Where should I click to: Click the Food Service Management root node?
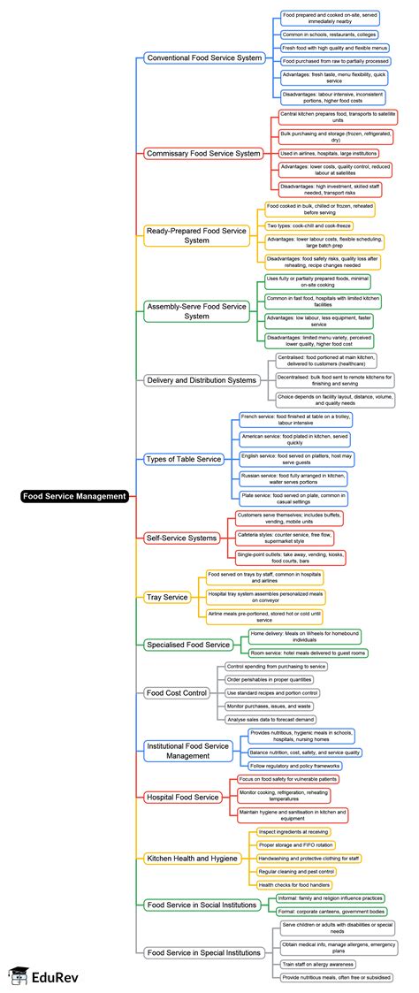click(75, 496)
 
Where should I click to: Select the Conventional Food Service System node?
click(205, 57)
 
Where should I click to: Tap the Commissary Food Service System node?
click(203, 153)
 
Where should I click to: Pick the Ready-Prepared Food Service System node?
click(197, 234)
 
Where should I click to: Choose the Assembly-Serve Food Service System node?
click(197, 310)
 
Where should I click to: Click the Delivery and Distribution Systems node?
click(201, 380)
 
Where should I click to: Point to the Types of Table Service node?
click(184, 459)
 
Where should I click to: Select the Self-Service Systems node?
click(180, 537)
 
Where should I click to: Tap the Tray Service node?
click(166, 597)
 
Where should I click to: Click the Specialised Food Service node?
click(187, 644)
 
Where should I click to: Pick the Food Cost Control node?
click(177, 692)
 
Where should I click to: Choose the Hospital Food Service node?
click(182, 797)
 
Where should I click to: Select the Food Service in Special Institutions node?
click(203, 952)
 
